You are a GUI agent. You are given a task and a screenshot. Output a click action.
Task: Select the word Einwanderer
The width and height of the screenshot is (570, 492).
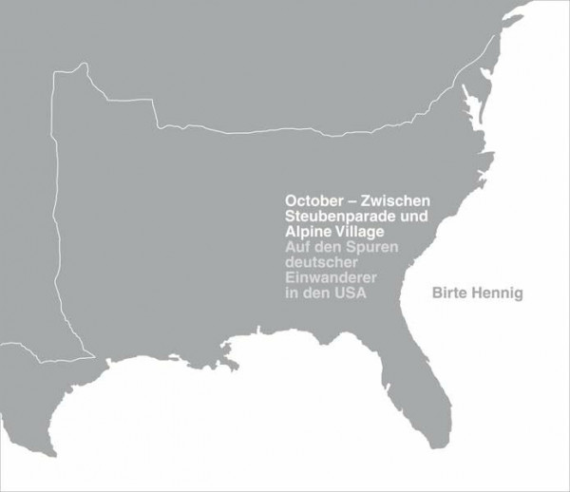pyautogui.click(x=330, y=277)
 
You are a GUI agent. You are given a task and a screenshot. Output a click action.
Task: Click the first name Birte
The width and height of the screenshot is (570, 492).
pyautogui.click(x=450, y=293)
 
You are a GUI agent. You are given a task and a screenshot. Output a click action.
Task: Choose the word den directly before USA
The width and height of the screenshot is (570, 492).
pyautogui.click(x=316, y=293)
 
